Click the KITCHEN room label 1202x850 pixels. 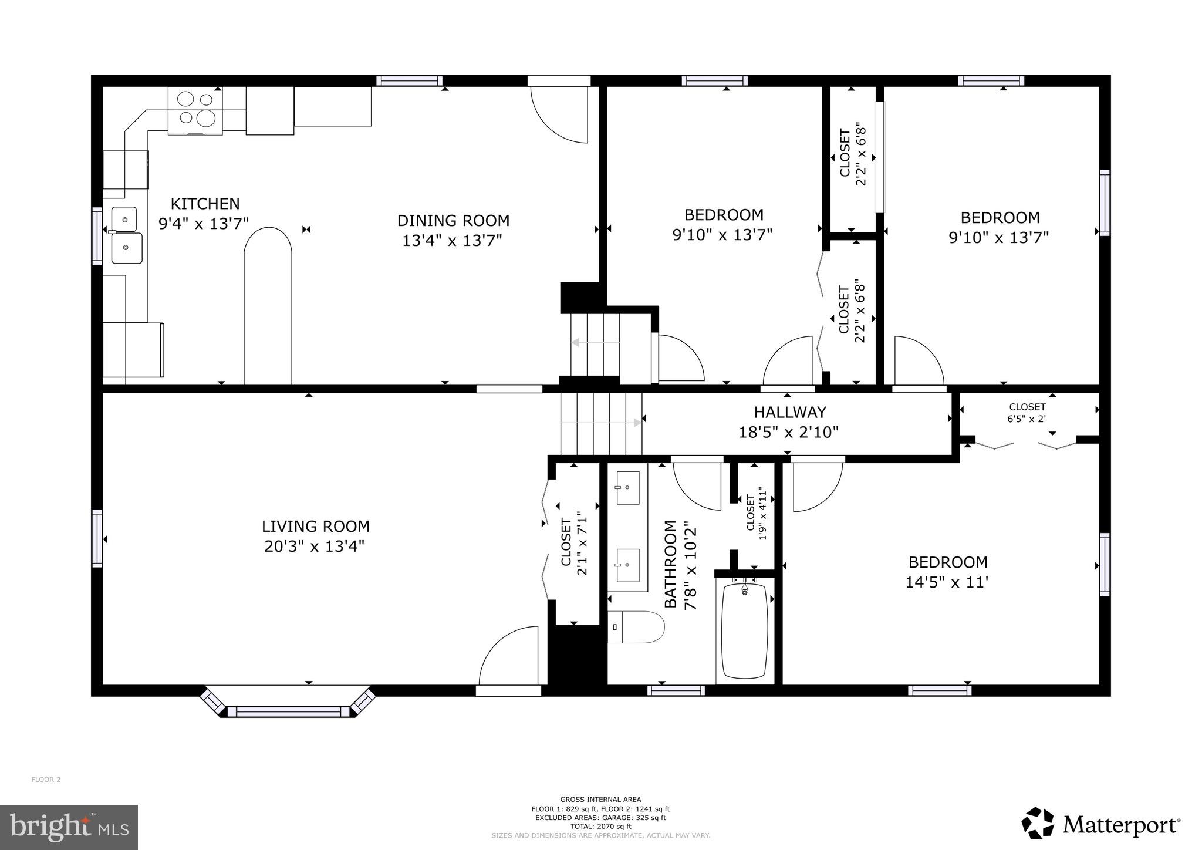[205, 204]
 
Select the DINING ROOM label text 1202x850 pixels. [453, 221]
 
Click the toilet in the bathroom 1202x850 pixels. [636, 627]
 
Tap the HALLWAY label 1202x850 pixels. [789, 413]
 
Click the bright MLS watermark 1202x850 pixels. [69, 827]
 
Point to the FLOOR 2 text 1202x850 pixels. [46, 780]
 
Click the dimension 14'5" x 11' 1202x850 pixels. [947, 582]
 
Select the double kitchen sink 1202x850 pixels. [126, 234]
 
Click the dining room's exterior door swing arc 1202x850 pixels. [558, 115]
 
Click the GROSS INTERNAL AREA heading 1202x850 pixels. [600, 799]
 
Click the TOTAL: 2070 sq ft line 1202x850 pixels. [600, 826]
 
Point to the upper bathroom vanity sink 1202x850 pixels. [627, 487]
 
